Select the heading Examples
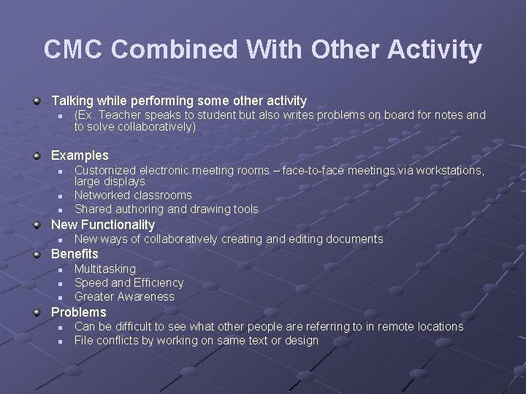(80, 155)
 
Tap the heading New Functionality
(103, 225)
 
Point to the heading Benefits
(75, 254)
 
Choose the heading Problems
(78, 312)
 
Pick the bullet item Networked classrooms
(133, 195)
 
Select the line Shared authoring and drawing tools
(167, 209)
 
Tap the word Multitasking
(105, 269)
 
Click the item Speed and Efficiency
(129, 282)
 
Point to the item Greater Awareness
(125, 297)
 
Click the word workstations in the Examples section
(449, 170)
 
